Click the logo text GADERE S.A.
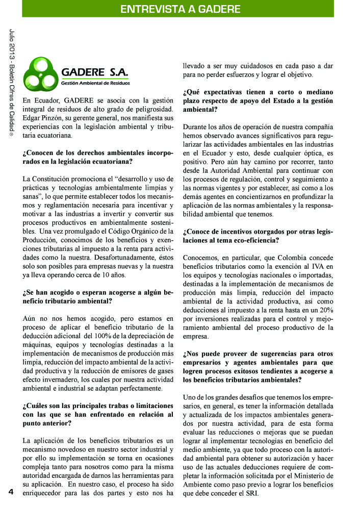[95, 72]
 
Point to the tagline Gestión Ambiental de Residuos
[95, 83]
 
